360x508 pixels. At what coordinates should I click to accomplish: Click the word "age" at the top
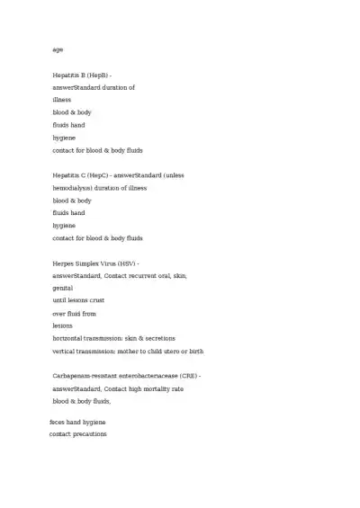58,49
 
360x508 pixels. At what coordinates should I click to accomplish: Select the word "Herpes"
65,263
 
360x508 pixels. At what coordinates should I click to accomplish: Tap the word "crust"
97,300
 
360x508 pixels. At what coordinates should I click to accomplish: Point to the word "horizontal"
70,338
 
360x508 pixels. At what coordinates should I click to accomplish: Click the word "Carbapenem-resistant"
85,375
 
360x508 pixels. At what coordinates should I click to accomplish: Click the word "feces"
58,422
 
